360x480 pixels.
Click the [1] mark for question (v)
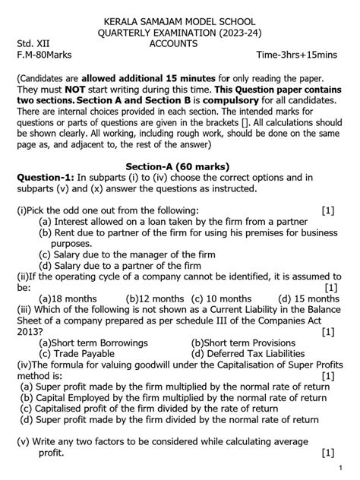click(x=327, y=453)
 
